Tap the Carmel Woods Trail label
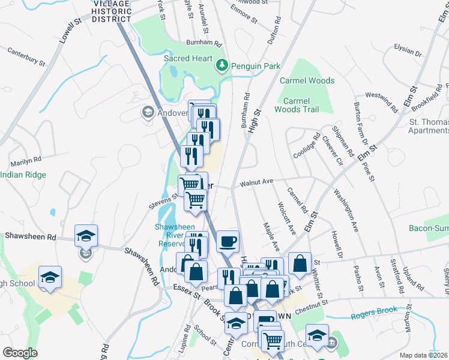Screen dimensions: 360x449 [297, 105]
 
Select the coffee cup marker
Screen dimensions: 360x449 [228, 242]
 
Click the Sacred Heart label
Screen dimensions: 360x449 [188, 59]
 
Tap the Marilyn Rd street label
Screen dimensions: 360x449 [25, 161]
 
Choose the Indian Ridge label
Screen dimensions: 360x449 [23, 175]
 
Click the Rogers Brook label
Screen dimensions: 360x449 [375, 313]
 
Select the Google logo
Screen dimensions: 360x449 [20, 353]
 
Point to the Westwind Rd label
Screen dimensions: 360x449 [381, 101]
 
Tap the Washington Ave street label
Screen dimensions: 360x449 [346, 211]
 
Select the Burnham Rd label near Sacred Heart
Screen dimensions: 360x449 [204, 44]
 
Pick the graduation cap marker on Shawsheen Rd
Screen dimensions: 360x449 [86, 235]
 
